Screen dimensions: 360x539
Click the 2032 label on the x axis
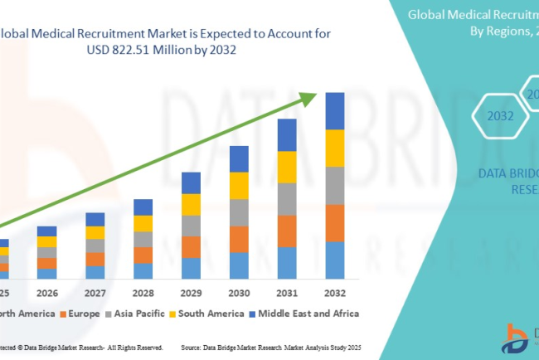click(334, 293)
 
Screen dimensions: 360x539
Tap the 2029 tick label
click(191, 293)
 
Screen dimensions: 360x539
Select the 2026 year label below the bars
click(47, 293)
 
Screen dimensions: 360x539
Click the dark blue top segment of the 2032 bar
click(334, 111)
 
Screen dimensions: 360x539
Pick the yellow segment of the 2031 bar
click(286, 167)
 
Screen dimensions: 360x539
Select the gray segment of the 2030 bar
click(239, 212)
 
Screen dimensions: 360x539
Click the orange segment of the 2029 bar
click(191, 247)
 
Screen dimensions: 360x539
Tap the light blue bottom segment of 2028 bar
click(143, 270)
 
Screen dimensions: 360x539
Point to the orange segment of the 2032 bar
click(334, 223)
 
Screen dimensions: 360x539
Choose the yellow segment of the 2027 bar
click(95, 233)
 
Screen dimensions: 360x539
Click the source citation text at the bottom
click(274, 348)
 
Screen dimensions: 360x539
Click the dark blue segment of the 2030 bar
click(239, 158)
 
